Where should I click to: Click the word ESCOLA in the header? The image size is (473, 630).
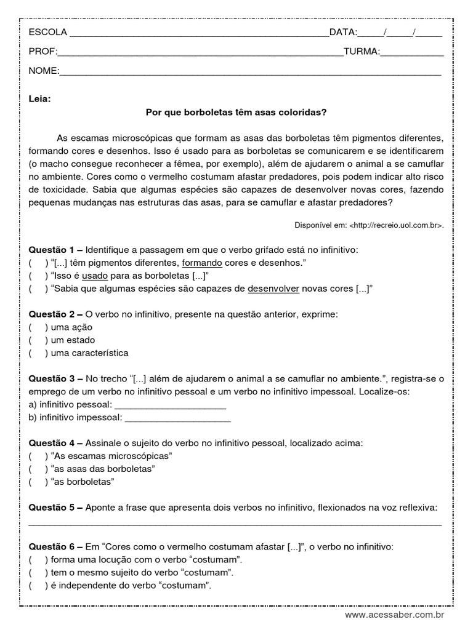[x=48, y=33]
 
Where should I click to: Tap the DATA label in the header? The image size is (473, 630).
[x=343, y=33]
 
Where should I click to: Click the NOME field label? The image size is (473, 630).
[x=43, y=71]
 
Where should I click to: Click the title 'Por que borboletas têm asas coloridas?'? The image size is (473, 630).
[x=236, y=113]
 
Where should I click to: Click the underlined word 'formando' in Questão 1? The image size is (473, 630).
[x=201, y=263]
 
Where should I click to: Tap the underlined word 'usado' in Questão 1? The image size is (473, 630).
[x=94, y=276]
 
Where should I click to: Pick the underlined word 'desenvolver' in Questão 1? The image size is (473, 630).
[x=273, y=289]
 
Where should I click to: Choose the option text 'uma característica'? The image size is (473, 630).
[x=90, y=353]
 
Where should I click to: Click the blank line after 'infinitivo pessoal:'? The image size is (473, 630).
[x=171, y=405]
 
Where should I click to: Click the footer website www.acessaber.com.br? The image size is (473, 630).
[x=394, y=615]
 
